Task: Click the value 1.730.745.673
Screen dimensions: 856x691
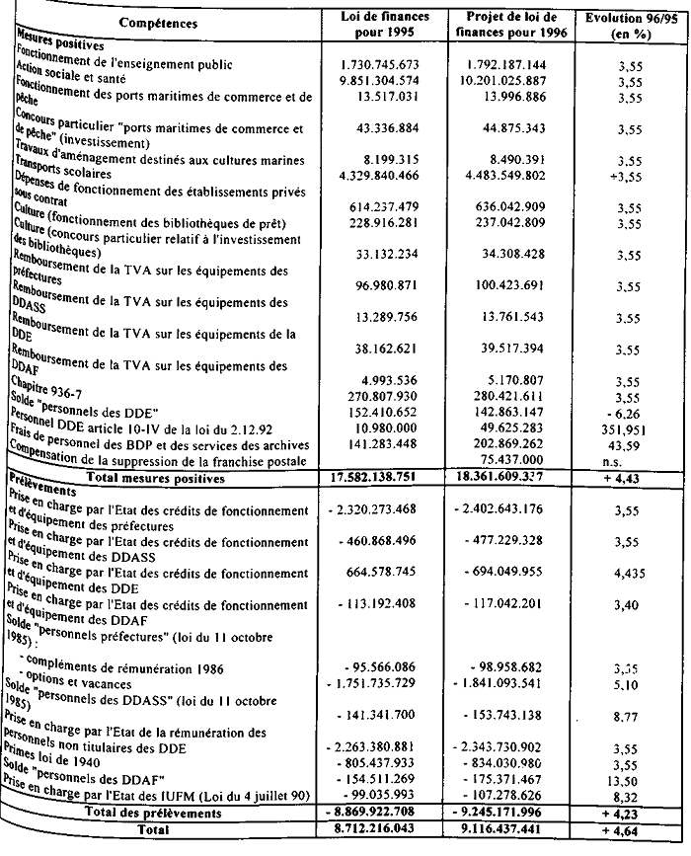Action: tap(381, 63)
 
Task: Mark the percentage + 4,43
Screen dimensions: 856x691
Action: tap(629, 479)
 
